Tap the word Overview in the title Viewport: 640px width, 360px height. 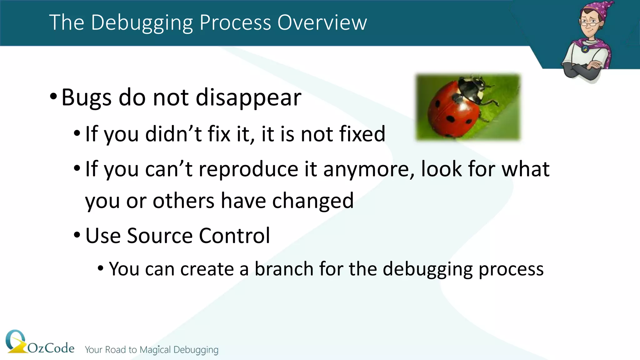coord(322,23)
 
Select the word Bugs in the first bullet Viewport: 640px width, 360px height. coord(86,97)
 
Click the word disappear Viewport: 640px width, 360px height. coord(248,97)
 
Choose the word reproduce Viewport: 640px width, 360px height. coord(248,169)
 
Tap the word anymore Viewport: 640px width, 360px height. coord(369,169)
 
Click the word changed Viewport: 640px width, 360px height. coord(313,201)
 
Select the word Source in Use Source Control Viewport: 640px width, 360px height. coord(160,236)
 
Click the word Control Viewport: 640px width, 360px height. coord(234,236)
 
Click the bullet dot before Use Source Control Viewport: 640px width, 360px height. coord(77,235)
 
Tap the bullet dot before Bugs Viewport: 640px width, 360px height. coord(53,97)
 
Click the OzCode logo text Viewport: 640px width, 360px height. coord(51,348)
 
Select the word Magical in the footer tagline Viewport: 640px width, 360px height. coord(155,350)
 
